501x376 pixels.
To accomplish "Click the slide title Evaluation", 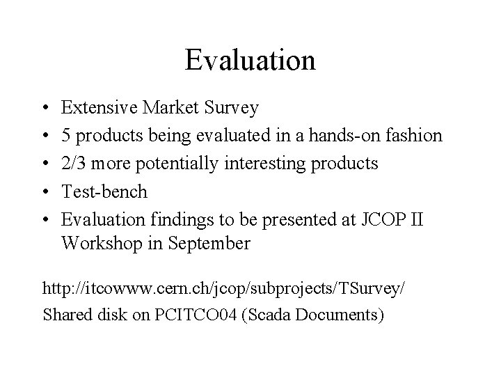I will (x=250, y=60).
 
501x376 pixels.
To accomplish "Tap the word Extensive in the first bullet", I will (x=100, y=108).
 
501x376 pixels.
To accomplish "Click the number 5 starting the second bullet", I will (x=65, y=135).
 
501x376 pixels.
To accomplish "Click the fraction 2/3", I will (x=76, y=163).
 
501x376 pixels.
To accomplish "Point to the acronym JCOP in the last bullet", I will (x=381, y=219).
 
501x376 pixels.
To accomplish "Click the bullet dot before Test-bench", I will (x=45, y=191).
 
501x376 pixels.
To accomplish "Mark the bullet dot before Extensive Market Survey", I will (x=45, y=109).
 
